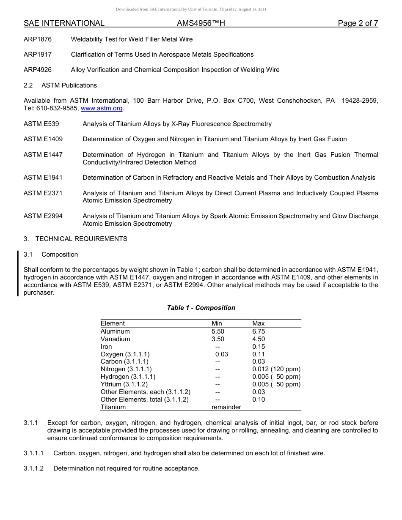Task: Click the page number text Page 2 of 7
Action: [x=358, y=23]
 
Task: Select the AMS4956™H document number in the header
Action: [x=201, y=23]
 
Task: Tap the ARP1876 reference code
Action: [x=38, y=39]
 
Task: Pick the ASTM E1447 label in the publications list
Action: [x=43, y=155]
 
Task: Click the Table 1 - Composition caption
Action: [x=201, y=308]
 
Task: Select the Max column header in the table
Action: [x=258, y=323]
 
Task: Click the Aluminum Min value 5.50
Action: [x=218, y=331]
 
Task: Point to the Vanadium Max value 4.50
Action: [x=258, y=339]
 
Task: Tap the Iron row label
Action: [x=106, y=347]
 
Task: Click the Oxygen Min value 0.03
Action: [x=221, y=354]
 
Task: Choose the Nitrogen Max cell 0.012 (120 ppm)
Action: [x=276, y=369]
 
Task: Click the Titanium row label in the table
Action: [x=113, y=407]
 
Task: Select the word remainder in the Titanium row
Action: [x=226, y=407]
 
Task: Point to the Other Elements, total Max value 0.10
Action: [x=258, y=400]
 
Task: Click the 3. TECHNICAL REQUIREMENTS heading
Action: [x=75, y=239]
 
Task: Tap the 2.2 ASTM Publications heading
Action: [x=60, y=85]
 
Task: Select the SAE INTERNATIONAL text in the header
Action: [x=64, y=23]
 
